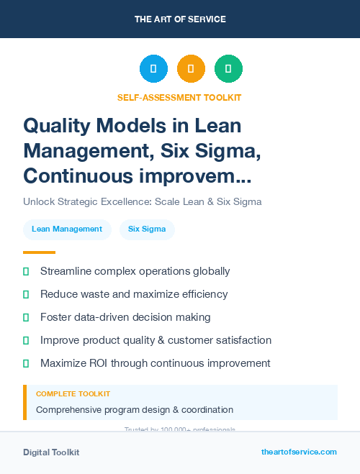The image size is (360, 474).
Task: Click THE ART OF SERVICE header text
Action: [x=179, y=19]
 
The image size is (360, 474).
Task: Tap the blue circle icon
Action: [x=153, y=69]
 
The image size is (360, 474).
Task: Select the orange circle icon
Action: [x=191, y=69]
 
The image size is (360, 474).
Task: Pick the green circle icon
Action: [x=228, y=69]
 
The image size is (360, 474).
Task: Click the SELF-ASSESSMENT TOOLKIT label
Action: [x=179, y=97]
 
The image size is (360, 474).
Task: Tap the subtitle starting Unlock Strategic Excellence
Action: [x=142, y=201]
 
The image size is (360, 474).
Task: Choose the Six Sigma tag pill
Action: [x=147, y=229]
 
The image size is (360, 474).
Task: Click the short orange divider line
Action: [x=39, y=252]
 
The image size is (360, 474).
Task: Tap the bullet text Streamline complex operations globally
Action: [x=135, y=271]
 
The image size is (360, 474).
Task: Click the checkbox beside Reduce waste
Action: [x=26, y=294]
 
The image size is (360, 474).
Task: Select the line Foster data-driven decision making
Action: [x=125, y=317]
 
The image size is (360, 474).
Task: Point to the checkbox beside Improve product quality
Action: [x=26, y=340]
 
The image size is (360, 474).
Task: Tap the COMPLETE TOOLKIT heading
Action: [x=73, y=394]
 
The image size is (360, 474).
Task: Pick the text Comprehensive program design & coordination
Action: [x=135, y=409]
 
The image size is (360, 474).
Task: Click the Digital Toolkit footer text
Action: [x=51, y=452]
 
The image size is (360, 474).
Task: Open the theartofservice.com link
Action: [x=299, y=452]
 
